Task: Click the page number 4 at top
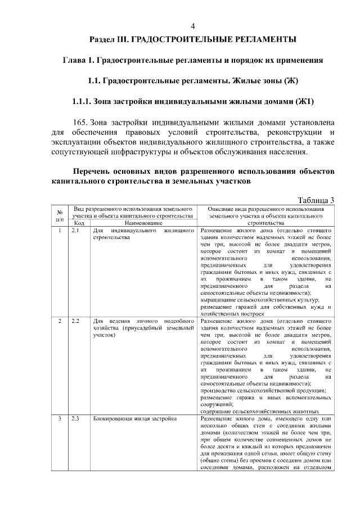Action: pyautogui.click(x=193, y=26)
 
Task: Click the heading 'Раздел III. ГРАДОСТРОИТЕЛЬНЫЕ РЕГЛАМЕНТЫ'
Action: pyautogui.click(x=193, y=40)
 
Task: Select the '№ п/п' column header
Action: pyautogui.click(x=60, y=215)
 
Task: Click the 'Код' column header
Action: pyautogui.click(x=79, y=223)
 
